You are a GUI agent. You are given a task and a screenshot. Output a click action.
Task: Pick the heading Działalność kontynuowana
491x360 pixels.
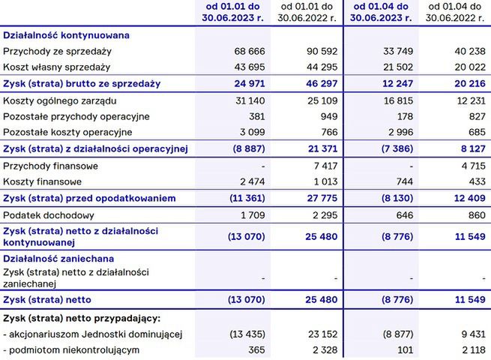tap(67, 35)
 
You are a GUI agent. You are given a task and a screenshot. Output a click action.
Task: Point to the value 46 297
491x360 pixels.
tap(318, 83)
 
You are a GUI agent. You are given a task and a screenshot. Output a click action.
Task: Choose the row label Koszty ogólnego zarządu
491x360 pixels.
tap(60, 100)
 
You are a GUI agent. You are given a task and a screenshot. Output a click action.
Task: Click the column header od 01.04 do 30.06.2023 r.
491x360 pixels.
tap(379, 13)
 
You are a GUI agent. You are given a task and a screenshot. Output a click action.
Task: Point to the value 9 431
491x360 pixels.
tap(469, 334)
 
